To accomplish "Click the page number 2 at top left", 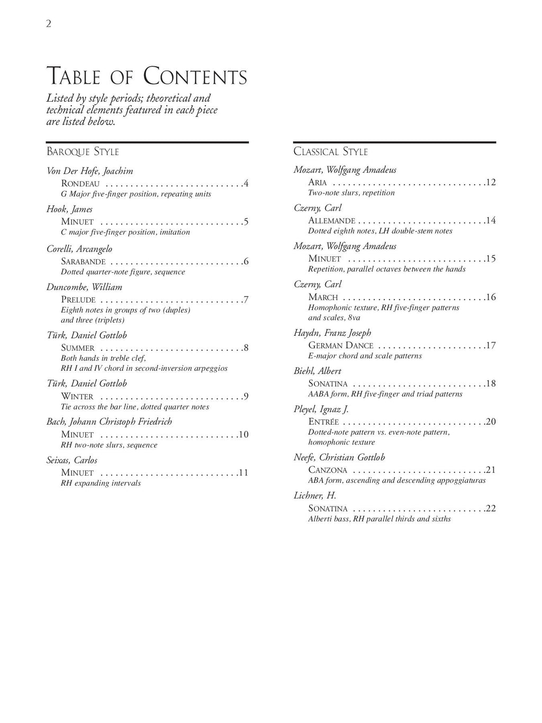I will (x=49, y=24).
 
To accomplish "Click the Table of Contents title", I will (x=147, y=76).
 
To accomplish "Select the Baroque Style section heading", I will (x=83, y=152).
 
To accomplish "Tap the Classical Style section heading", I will (x=330, y=152).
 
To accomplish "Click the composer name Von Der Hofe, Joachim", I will (x=89, y=171).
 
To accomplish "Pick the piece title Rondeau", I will (x=80, y=184).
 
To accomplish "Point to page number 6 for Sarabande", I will (x=246, y=261).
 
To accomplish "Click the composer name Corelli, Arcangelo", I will (x=79, y=249).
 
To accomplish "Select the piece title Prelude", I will (x=78, y=300).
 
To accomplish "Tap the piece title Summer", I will (x=78, y=348).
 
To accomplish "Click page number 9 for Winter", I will (x=246, y=396).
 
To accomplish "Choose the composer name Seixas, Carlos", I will (x=72, y=460).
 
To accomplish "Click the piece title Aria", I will (x=318, y=183).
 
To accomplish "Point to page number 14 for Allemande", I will (x=491, y=220).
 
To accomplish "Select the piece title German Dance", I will (x=341, y=345).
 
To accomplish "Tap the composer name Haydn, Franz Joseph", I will (x=332, y=333).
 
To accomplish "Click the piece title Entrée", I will (x=323, y=422).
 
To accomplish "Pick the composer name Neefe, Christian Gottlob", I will (x=339, y=457).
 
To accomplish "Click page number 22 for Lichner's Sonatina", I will (x=491, y=508).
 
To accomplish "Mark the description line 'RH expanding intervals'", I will (x=101, y=483).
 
